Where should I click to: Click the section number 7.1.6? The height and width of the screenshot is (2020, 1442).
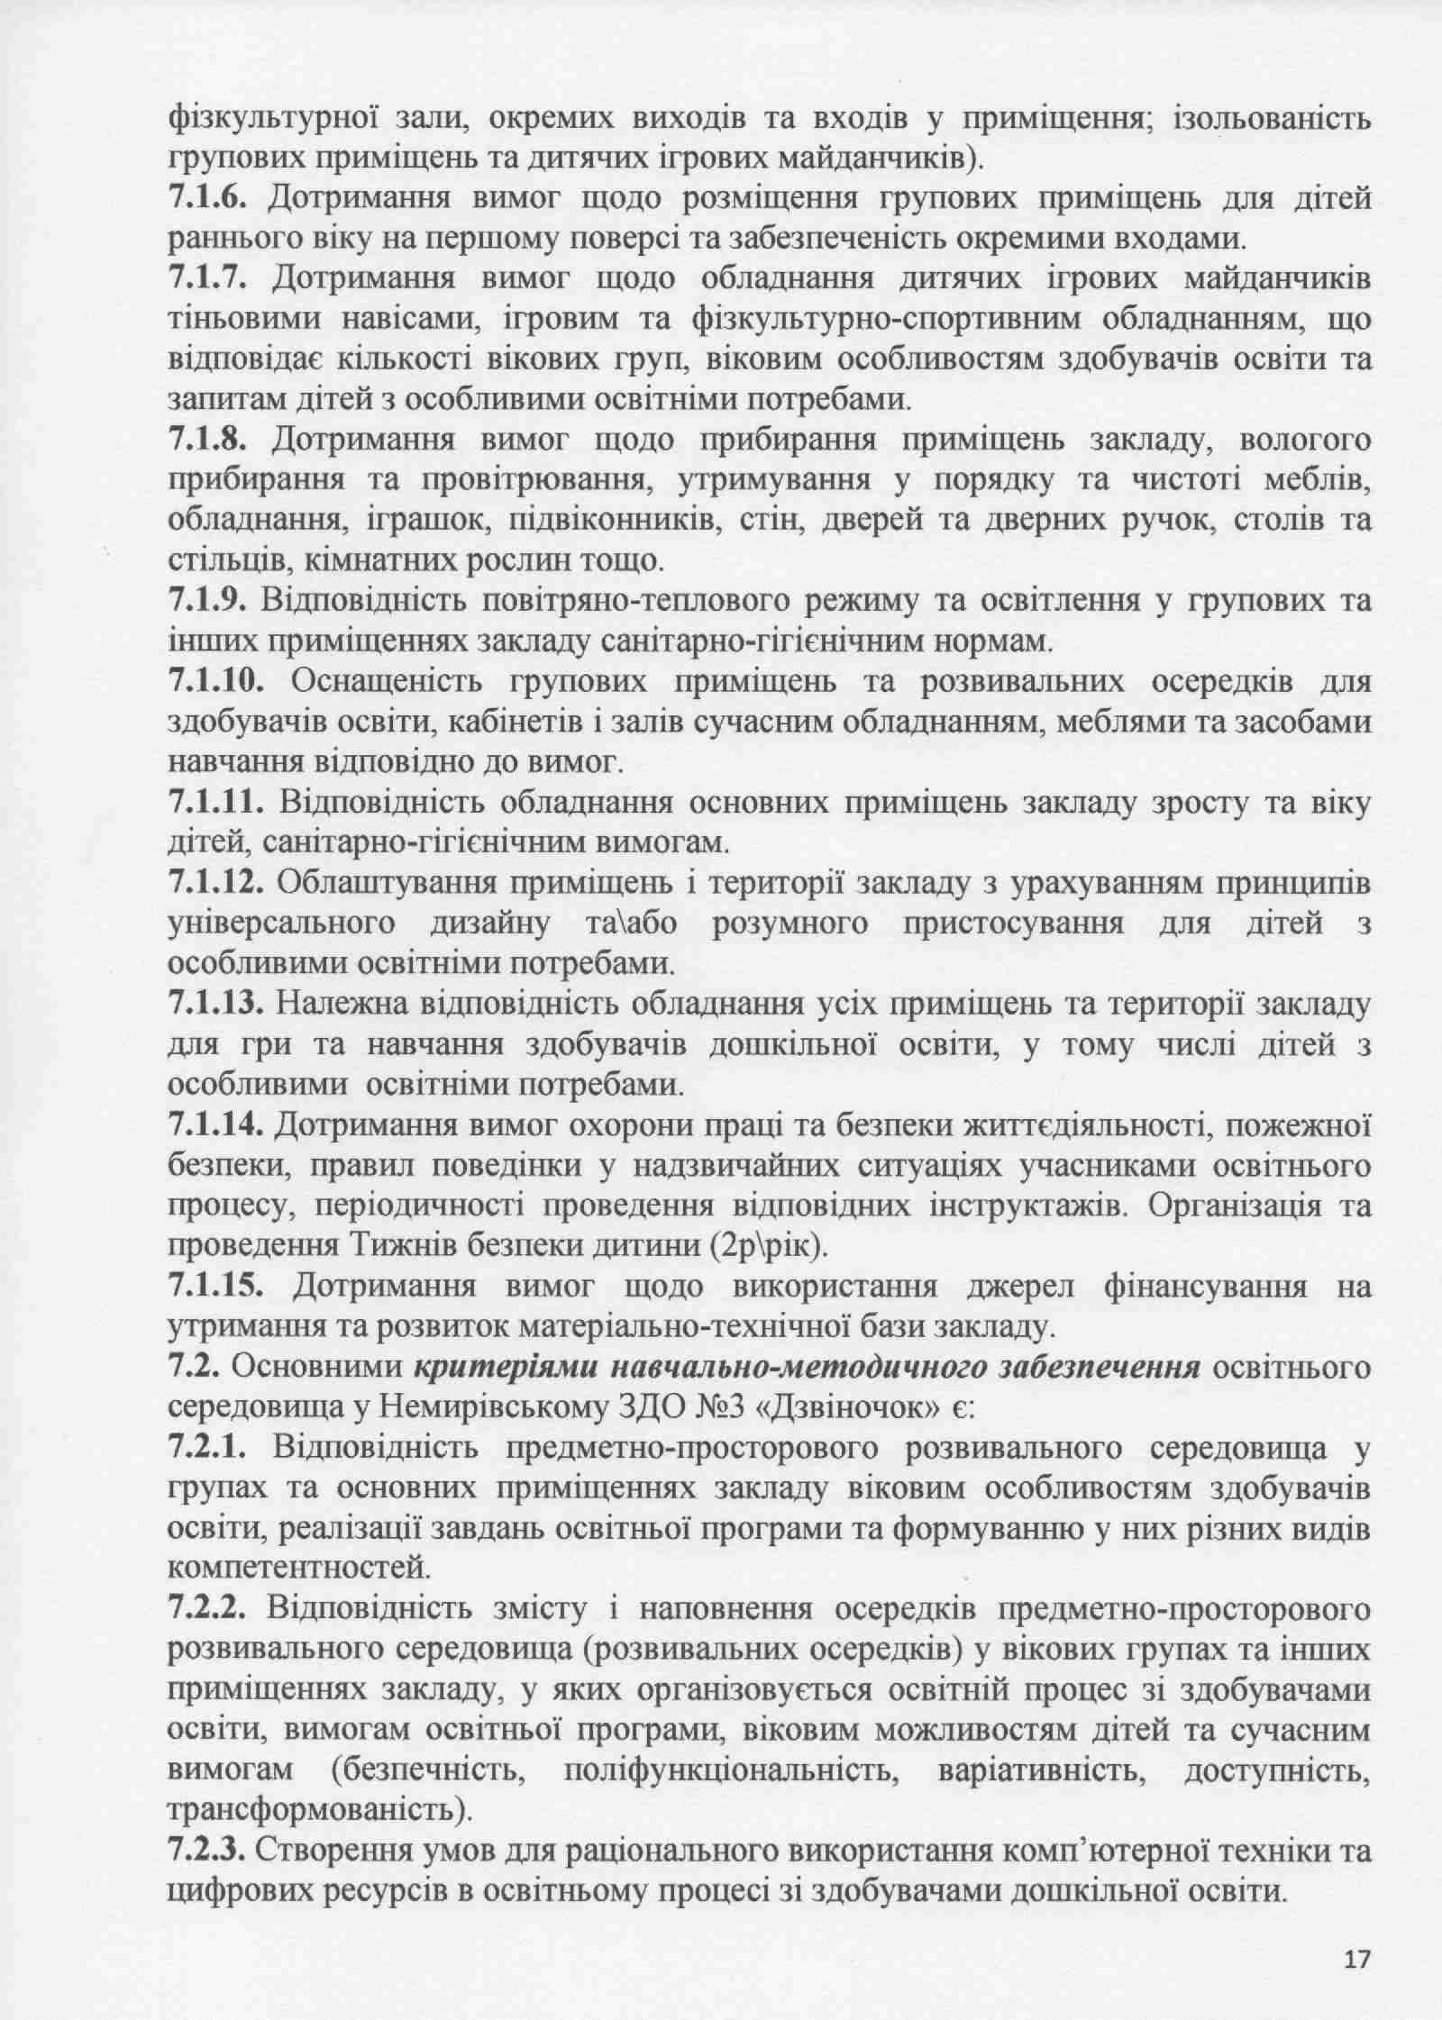pyautogui.click(x=213, y=197)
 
